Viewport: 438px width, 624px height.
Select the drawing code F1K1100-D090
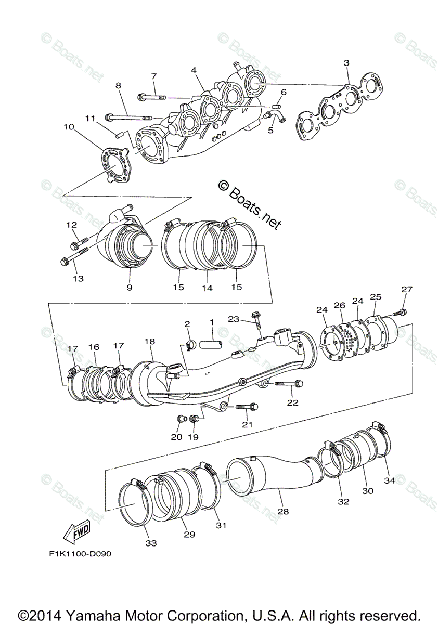[78, 553]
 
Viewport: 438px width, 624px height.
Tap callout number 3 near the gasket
[346, 63]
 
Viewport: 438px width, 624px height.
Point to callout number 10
[69, 126]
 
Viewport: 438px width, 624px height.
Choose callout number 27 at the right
[406, 290]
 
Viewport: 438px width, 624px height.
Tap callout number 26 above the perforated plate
[340, 305]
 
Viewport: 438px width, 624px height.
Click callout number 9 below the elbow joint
[129, 287]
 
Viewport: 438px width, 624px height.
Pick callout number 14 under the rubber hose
[208, 287]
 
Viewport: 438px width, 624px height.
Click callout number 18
[150, 342]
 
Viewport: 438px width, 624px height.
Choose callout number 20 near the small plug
[177, 437]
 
